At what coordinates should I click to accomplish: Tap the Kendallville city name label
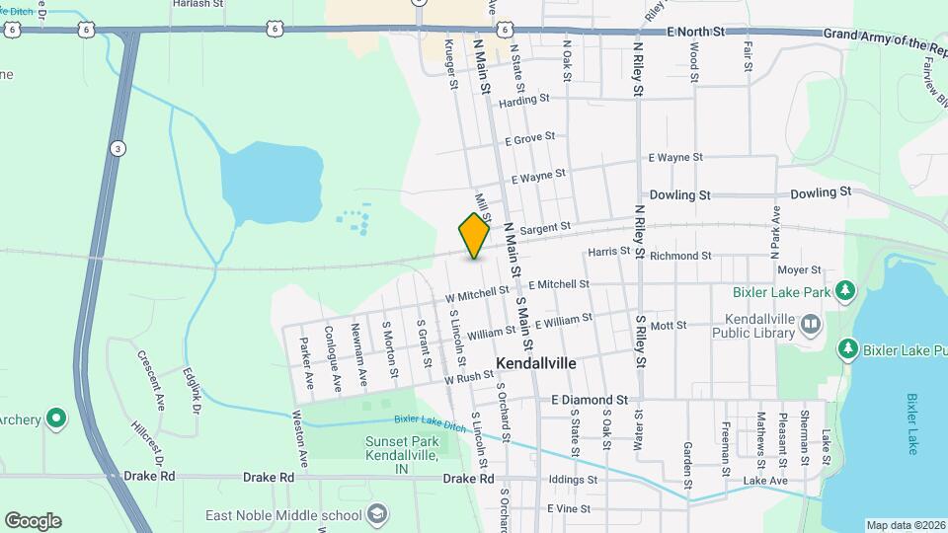tap(537, 362)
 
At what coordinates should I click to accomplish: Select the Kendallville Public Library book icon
tap(810, 324)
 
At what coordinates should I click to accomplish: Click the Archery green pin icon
tap(57, 419)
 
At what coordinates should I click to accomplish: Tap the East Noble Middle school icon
tap(375, 514)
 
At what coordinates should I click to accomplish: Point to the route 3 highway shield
tap(118, 148)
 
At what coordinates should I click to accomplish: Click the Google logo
tap(33, 520)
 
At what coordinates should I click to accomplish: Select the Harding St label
tap(523, 100)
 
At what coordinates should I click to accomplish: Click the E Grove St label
tap(529, 139)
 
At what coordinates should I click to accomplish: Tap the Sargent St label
tap(545, 228)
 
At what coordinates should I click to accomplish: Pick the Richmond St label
tap(680, 256)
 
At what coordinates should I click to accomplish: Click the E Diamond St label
tap(590, 400)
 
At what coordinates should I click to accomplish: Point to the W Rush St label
tap(469, 378)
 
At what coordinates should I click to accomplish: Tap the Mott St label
tap(668, 325)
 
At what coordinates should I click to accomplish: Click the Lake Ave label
tap(765, 481)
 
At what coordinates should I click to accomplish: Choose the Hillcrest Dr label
tap(145, 438)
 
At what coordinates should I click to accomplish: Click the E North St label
tap(696, 32)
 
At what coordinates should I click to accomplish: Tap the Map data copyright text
tap(906, 524)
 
